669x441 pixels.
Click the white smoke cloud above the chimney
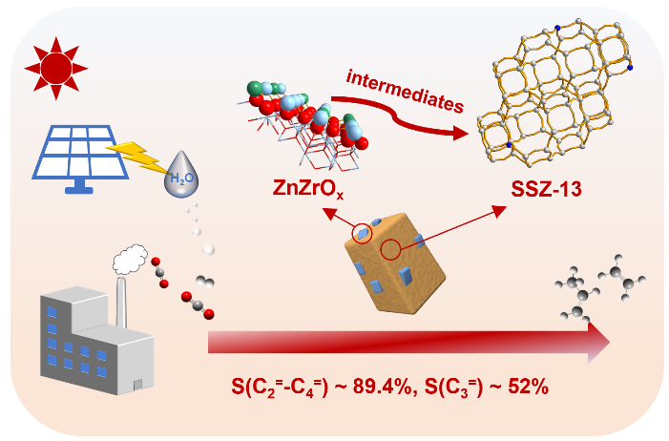tap(128, 257)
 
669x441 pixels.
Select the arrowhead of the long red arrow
tap(597, 344)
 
